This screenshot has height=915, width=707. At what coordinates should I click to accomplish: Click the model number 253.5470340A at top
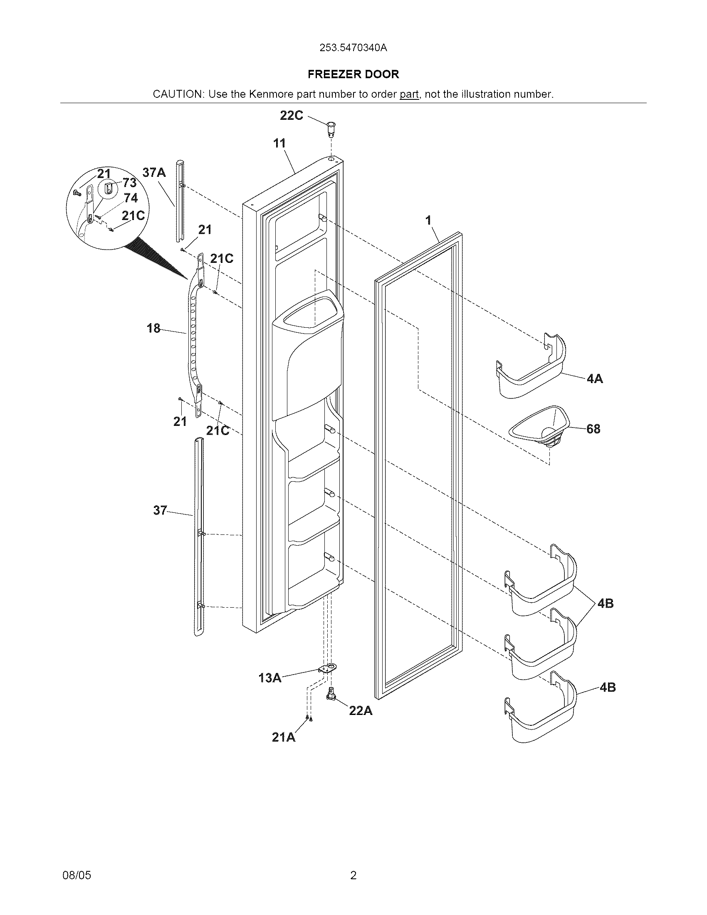tap(353, 48)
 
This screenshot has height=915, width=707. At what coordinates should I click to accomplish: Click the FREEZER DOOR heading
tap(353, 74)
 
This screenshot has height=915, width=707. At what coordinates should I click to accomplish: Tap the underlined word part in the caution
tap(409, 94)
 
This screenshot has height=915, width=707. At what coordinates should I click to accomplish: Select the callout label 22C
tap(292, 116)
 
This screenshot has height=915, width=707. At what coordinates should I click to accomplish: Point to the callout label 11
tap(279, 143)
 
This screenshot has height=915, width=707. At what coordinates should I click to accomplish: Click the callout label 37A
tap(154, 172)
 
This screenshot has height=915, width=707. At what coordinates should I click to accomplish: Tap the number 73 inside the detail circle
tap(129, 183)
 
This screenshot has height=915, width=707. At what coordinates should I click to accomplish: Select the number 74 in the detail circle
tap(131, 198)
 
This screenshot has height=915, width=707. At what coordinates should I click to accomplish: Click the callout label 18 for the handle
tap(154, 328)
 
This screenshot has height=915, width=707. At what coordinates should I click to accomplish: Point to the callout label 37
tap(160, 510)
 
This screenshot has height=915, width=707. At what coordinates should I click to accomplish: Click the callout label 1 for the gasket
tap(428, 220)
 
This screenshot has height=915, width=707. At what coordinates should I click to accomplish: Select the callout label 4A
tap(594, 379)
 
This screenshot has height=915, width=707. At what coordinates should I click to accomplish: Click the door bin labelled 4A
tap(532, 371)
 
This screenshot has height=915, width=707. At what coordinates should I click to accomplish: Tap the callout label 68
tap(593, 429)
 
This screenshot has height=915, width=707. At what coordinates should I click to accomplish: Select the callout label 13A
tap(270, 678)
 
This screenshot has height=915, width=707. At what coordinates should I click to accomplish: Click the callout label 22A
tap(361, 710)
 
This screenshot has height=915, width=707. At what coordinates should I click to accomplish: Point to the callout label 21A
tap(284, 737)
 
